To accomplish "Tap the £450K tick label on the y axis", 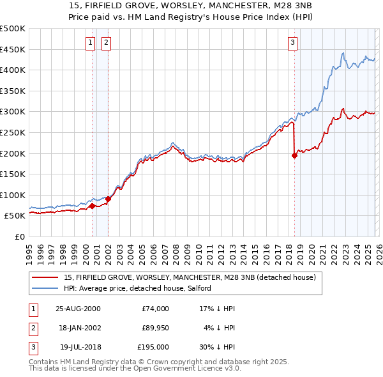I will pos(13,49).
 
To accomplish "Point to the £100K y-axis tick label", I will pos(13,195).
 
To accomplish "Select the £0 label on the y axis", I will pos(20,236).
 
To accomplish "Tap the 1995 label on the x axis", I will pos(29,250).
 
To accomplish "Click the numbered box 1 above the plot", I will pos(90,43).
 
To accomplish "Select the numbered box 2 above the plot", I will pos(105,43).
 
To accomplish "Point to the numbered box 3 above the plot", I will pos(292,43).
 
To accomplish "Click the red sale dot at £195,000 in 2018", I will pos(294,155).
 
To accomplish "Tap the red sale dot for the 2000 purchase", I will pos(93,206).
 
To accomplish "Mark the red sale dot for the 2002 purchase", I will pos(108,199).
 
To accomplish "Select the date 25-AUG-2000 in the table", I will pos(78,308).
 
